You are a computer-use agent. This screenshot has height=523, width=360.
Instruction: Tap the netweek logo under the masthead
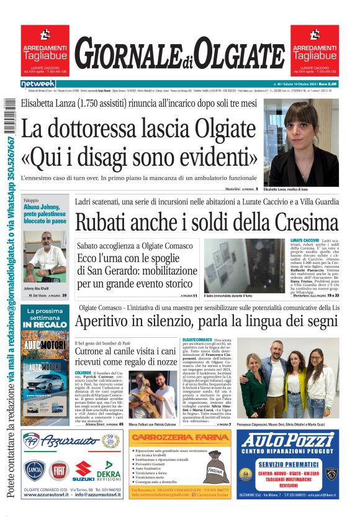click(x=38, y=84)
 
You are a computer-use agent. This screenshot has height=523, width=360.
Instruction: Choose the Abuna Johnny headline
click(x=45, y=213)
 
